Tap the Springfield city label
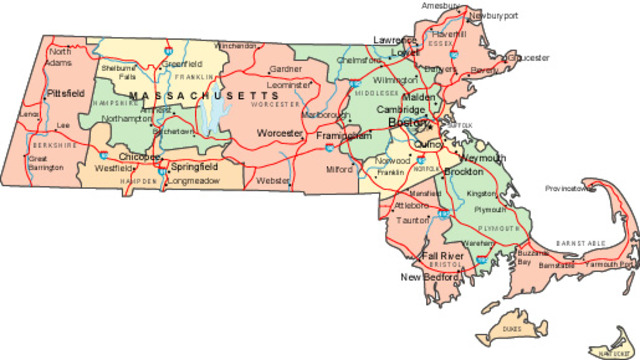coord(194,165)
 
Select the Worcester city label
coord(279,133)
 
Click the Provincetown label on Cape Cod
coord(570,188)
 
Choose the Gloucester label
coord(529,57)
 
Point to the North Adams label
coord(59,56)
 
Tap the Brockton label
coord(462,172)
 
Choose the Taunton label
coord(412,220)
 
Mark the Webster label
coord(273,181)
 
